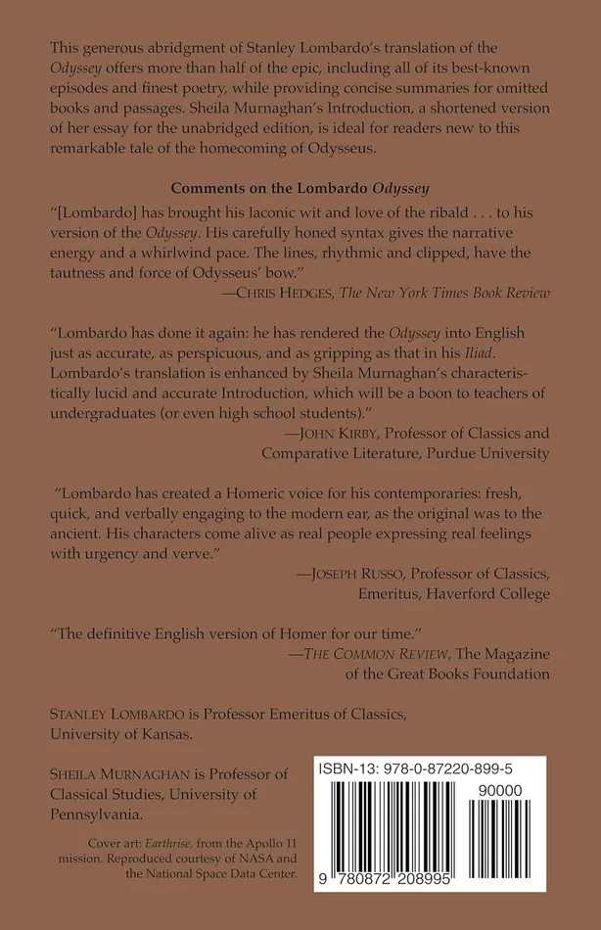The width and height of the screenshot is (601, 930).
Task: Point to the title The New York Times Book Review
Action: click(x=456, y=292)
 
